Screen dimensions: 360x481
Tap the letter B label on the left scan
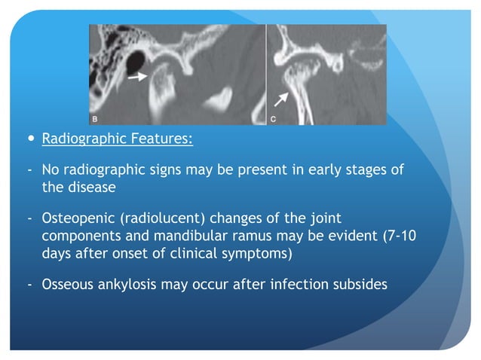click(95, 119)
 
